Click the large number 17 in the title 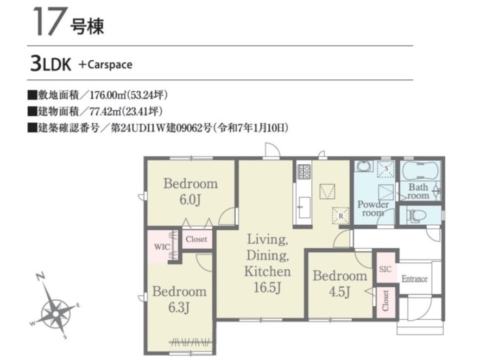tap(49, 21)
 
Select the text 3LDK tap(50, 64)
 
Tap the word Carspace tap(110, 65)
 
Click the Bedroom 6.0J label tap(191, 192)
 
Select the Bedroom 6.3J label tap(179, 299)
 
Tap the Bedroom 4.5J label tap(340, 283)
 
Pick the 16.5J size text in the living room tap(267, 288)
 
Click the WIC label tap(162, 247)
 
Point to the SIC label tap(385, 269)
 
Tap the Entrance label tap(414, 279)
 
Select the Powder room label tap(373, 209)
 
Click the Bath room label tap(418, 191)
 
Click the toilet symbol tap(413, 216)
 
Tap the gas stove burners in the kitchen tap(304, 172)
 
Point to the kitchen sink tap(304, 207)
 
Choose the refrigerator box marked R tap(340, 216)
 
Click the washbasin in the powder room tap(364, 166)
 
